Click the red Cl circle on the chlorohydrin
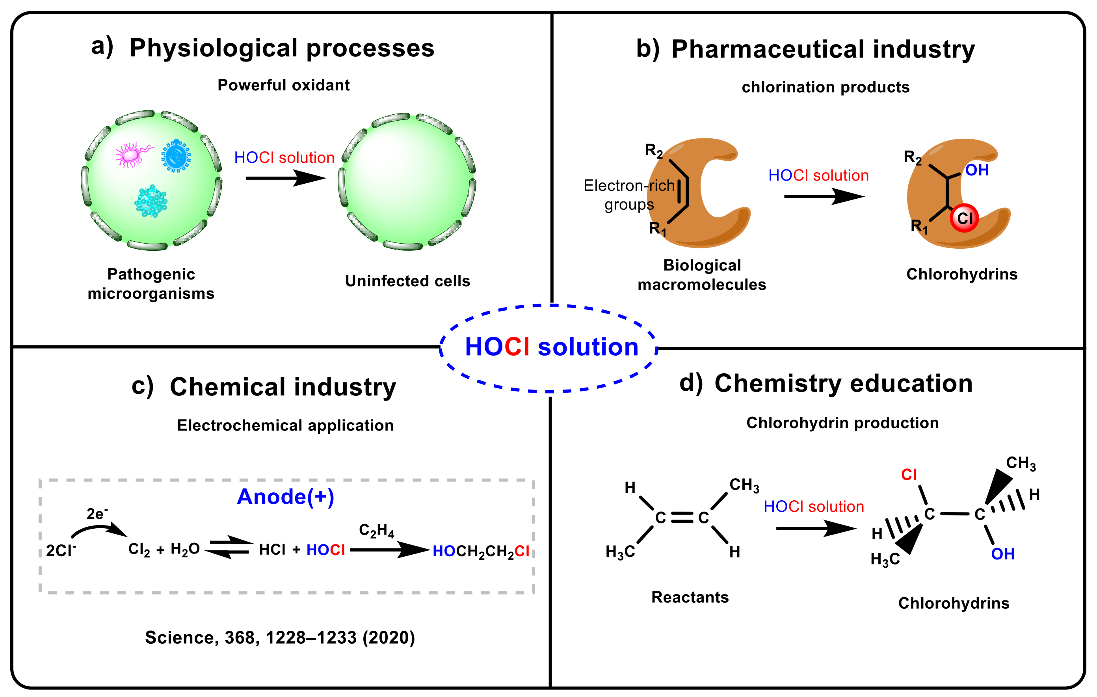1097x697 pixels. [964, 218]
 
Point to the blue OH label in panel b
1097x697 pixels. [977, 170]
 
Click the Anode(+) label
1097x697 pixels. [286, 497]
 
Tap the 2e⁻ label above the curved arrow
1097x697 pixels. [97, 514]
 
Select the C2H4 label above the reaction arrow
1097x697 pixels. [376, 530]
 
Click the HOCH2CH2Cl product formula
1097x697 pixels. [481, 552]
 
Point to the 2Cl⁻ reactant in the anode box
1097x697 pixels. [61, 551]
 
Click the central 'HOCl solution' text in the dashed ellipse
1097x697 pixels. [551, 347]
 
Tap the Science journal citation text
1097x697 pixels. [280, 637]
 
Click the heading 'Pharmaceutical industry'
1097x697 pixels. [823, 49]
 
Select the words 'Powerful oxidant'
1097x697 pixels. [283, 85]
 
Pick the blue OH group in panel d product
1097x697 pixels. [1002, 554]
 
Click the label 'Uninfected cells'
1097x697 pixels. [407, 281]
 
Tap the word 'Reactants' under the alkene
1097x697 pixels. [690, 597]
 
